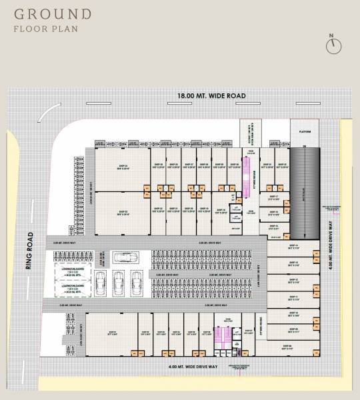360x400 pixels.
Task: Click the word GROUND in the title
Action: click(53, 13)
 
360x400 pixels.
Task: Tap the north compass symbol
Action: click(332, 45)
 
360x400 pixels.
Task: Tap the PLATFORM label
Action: click(306, 131)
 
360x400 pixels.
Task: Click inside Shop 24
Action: click(122, 170)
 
